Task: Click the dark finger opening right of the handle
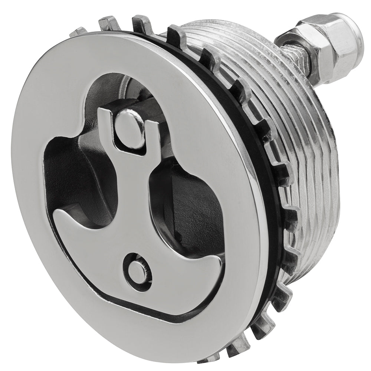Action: tap(182, 208)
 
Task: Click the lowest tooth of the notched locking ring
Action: tap(208, 364)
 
